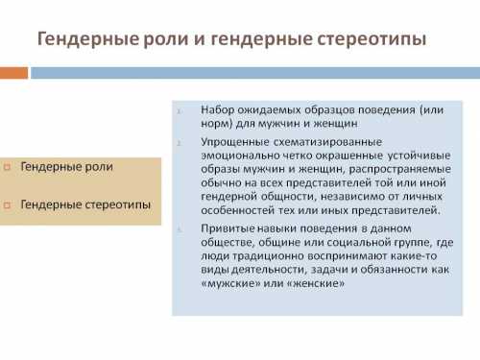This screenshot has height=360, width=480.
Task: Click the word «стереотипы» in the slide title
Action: coord(369,39)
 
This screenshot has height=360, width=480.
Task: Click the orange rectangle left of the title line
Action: coord(12,72)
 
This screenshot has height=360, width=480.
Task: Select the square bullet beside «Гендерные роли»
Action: coord(8,167)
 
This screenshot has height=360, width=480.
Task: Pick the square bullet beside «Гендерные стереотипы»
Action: coord(8,204)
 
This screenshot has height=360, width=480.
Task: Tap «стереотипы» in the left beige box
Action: coord(118,204)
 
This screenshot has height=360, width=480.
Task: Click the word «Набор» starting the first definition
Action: coord(219,109)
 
